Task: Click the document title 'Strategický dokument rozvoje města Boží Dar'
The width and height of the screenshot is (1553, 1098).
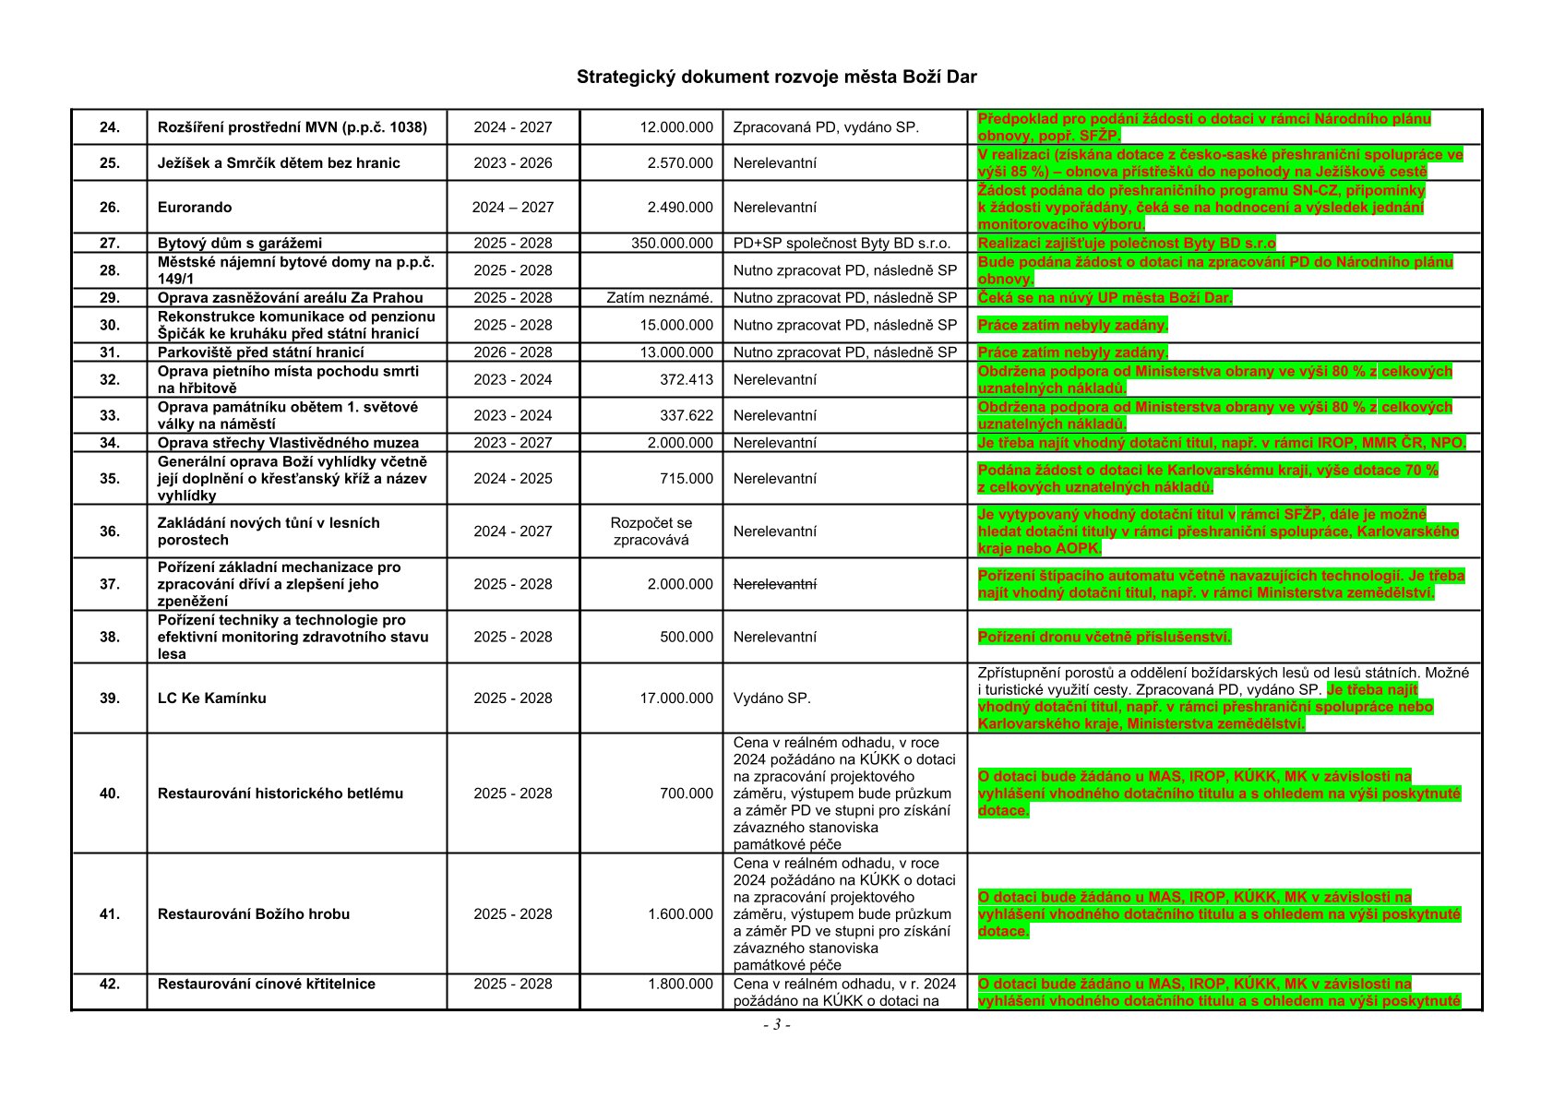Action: coord(776,77)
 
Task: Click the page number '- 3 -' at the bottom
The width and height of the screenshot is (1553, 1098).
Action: coord(776,1025)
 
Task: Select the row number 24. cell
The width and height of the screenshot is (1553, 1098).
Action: coord(110,127)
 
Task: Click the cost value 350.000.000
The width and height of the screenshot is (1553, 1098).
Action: coord(672,244)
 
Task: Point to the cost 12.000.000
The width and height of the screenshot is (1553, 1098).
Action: coord(676,127)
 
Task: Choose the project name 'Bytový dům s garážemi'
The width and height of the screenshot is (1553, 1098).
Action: coord(240,244)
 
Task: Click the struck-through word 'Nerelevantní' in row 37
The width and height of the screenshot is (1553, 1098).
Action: coord(774,584)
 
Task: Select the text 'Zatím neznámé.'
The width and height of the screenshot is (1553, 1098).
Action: coord(660,298)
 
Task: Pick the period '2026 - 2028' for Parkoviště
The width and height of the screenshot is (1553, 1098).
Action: coord(513,352)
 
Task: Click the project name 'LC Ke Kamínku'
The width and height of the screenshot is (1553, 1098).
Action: coord(211,698)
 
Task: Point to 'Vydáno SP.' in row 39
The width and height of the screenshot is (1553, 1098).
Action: coord(771,698)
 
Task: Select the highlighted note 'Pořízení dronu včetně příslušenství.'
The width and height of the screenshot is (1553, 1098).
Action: coord(1104,638)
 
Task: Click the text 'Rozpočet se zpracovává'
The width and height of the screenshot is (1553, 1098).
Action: coord(651,531)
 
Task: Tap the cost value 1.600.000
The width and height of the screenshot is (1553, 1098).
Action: coord(680,914)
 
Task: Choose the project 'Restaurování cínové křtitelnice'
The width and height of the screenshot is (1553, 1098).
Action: coord(267,985)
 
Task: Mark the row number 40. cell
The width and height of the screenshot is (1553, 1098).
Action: coord(110,794)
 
